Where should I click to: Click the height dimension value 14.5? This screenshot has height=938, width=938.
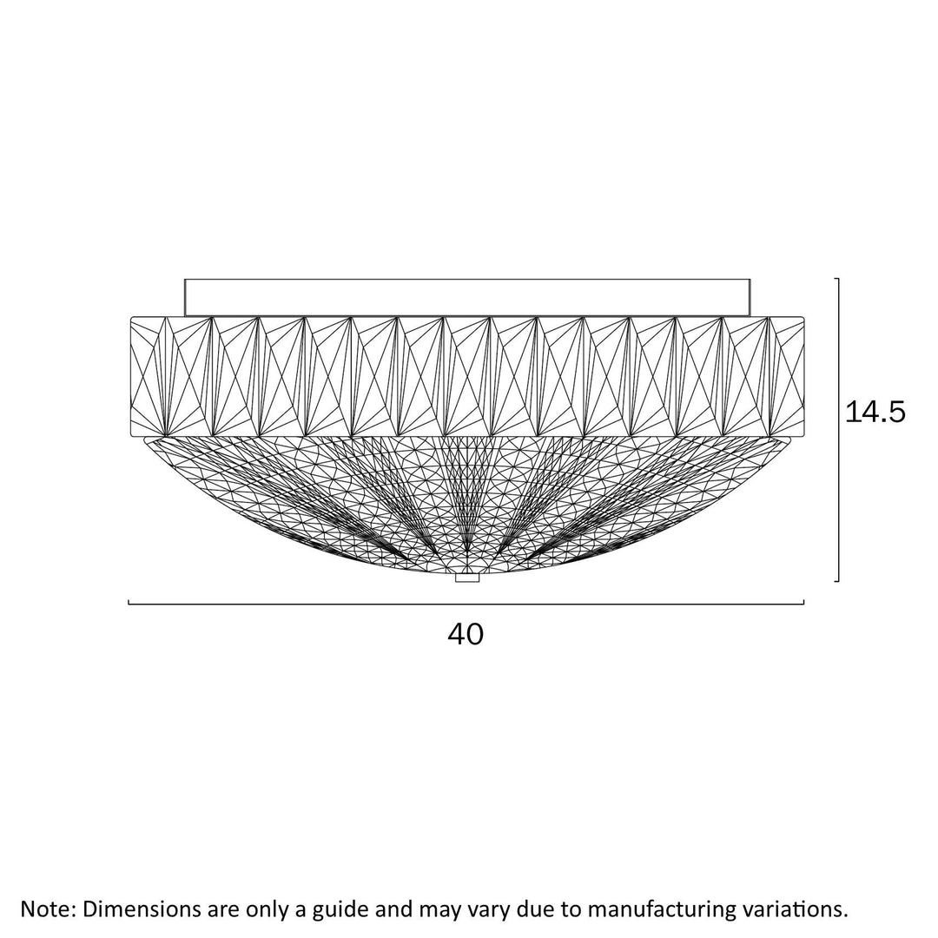[x=875, y=413]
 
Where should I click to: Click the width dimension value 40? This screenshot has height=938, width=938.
[x=466, y=634]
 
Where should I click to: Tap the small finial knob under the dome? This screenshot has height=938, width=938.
[x=467, y=578]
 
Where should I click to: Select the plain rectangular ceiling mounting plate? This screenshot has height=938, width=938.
[x=467, y=297]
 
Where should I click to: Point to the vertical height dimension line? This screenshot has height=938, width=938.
[x=838, y=430]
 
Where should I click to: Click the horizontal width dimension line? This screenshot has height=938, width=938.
[x=466, y=604]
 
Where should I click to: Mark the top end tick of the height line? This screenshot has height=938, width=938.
[x=837, y=279]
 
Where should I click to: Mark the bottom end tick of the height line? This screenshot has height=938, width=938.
[x=837, y=580]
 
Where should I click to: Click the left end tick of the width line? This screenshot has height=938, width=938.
[x=129, y=602]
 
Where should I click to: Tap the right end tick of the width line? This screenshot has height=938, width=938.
[x=803, y=602]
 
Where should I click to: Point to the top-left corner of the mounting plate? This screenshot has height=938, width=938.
[x=185, y=279]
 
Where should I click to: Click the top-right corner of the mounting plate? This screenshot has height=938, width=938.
[x=750, y=279]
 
